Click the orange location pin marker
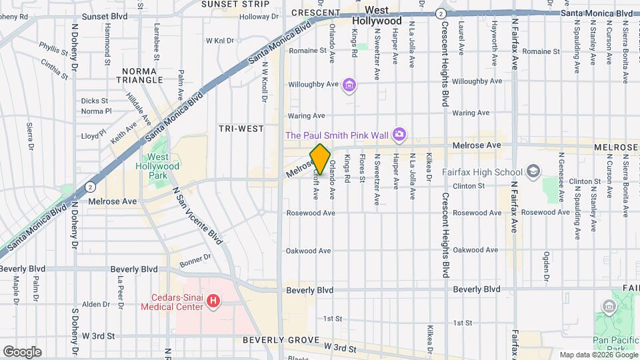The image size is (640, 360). click(320, 159)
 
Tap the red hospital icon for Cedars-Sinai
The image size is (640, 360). click(213, 302)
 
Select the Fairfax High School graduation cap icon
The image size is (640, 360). click(533, 172)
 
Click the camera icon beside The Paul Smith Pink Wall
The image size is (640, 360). click(399, 135)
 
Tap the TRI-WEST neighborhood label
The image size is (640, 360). click(241, 128)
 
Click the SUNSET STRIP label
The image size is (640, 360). click(226, 4)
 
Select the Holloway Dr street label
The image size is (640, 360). click(255, 17)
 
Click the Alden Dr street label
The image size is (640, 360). click(95, 304)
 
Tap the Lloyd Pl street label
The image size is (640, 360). click(93, 135)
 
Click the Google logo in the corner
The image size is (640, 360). click(22, 351)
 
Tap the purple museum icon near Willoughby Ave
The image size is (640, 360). click(349, 85)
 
